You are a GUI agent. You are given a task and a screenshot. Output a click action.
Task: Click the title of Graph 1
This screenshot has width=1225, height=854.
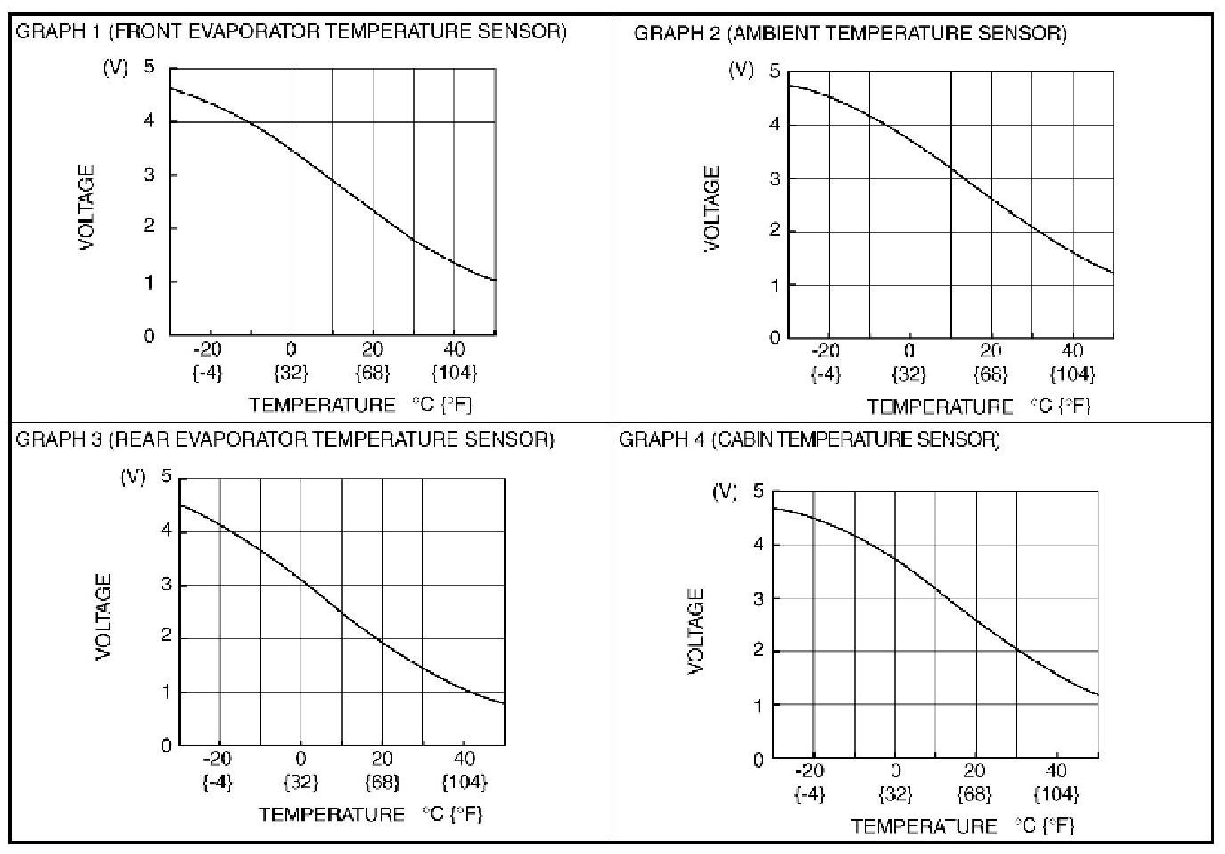(x=292, y=32)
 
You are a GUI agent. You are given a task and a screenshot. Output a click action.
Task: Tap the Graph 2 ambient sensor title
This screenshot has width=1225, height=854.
(x=850, y=34)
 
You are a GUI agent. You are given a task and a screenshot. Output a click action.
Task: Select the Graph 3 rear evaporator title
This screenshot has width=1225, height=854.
(x=285, y=439)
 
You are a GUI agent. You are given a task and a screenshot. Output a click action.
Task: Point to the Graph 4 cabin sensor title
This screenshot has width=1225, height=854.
(x=810, y=439)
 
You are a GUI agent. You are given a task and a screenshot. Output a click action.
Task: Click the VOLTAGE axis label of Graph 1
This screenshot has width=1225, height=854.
(x=86, y=208)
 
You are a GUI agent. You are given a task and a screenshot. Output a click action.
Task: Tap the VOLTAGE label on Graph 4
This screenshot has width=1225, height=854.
(x=696, y=631)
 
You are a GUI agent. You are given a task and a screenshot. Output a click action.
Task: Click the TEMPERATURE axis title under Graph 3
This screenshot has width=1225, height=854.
(x=332, y=815)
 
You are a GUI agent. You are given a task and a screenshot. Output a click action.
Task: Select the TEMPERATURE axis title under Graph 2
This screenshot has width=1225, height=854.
(x=941, y=407)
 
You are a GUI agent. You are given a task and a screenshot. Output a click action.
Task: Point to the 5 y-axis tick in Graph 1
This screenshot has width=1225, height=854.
(x=149, y=67)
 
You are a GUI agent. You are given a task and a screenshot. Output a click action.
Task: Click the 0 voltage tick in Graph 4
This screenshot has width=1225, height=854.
(x=759, y=760)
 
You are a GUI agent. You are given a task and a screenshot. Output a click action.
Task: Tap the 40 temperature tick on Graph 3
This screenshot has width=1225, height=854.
(x=464, y=760)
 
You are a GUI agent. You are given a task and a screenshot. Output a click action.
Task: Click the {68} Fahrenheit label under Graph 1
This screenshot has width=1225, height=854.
(x=373, y=373)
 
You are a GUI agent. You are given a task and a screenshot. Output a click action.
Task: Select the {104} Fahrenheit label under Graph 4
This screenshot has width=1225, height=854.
(x=1056, y=793)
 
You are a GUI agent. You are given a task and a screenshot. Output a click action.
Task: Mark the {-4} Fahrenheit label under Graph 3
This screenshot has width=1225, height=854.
(x=218, y=783)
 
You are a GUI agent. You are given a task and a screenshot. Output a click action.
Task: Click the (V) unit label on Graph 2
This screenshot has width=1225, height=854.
(x=742, y=69)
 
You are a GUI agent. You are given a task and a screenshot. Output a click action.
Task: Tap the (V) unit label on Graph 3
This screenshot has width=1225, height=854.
(x=133, y=477)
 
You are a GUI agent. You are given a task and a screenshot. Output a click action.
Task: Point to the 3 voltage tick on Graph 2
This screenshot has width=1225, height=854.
(x=775, y=178)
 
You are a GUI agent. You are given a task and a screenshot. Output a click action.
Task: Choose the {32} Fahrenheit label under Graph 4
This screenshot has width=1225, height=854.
(x=895, y=793)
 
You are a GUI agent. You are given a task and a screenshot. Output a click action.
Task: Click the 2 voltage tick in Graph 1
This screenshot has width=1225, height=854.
(x=150, y=227)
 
